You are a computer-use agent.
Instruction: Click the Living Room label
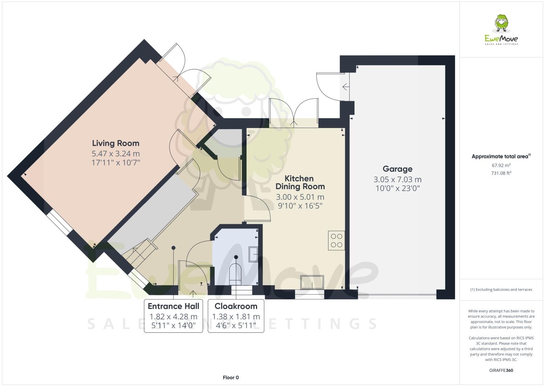pos(115,143)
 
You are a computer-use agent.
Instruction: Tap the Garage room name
pos(397,169)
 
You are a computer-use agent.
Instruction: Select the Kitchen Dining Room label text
pos(300,182)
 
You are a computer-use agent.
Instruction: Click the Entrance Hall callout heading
pos(173,306)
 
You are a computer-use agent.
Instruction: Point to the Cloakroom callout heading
pos(236,306)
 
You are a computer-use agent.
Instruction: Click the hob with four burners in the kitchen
pos(336,240)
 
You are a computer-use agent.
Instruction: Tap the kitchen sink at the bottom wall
pos(312,282)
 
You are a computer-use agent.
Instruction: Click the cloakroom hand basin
pos(253,254)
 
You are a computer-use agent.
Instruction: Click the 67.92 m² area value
pos(501,165)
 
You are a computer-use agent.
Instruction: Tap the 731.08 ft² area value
pos(501,173)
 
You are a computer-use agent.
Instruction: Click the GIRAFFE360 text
pos(501,371)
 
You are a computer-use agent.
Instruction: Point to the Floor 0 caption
pos(231,378)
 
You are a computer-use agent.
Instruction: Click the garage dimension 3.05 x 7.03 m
pos(397,180)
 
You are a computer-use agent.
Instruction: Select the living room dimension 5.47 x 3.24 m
pos(115,154)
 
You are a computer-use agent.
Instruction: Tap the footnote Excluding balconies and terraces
pos(501,290)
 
